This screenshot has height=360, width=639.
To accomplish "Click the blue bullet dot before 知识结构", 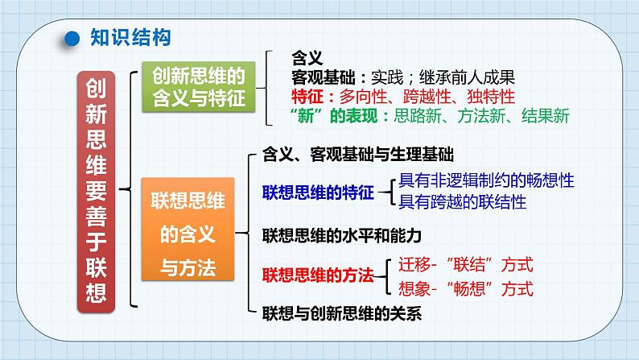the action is pyautogui.click(x=72, y=39).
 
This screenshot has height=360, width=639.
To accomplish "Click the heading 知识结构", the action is pyautogui.click(x=130, y=38).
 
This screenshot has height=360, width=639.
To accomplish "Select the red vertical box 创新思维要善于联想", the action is pyautogui.click(x=97, y=192).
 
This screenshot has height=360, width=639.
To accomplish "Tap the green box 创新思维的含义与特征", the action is pyautogui.click(x=199, y=87).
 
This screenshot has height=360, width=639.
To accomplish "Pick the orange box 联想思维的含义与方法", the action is pyautogui.click(x=188, y=230).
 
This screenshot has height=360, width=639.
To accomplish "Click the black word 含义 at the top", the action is pyautogui.click(x=307, y=58).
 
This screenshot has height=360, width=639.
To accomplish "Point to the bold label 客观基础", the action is pyautogui.click(x=324, y=77).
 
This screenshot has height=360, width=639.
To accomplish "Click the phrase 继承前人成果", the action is pyautogui.click(x=468, y=77).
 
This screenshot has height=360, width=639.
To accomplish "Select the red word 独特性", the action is pyautogui.click(x=491, y=97).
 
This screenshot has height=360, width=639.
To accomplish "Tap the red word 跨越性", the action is pyautogui.click(x=427, y=97).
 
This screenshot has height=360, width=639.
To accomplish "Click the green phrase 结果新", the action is pyautogui.click(x=546, y=116).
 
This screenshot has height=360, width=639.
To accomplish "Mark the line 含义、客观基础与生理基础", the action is pyautogui.click(x=358, y=155).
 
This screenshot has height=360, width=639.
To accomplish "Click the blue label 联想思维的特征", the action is pyautogui.click(x=318, y=192).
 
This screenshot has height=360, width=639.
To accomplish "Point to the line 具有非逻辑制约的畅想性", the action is pyautogui.click(x=487, y=180).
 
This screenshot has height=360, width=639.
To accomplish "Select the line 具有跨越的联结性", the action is pyautogui.click(x=463, y=202).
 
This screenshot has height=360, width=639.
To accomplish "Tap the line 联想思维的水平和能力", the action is pyautogui.click(x=342, y=236).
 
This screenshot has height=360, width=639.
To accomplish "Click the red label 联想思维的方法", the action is pyautogui.click(x=318, y=275).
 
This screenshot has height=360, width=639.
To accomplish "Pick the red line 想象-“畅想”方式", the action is pyautogui.click(x=466, y=288).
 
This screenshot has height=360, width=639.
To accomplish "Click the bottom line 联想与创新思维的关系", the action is pyautogui.click(x=342, y=313).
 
